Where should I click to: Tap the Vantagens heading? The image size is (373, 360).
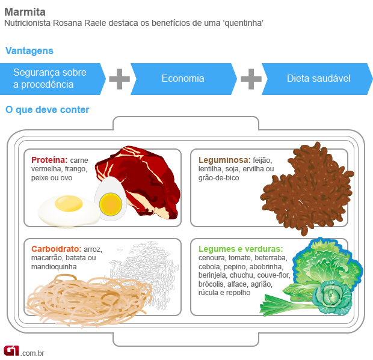(x=29, y=51)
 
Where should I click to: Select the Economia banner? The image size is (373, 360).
(x=182, y=79)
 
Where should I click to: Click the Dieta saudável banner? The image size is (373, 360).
(x=318, y=79)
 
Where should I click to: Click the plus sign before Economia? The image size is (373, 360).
(x=119, y=79)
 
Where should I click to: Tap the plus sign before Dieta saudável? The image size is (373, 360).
(x=251, y=79)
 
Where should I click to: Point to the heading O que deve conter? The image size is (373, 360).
(x=47, y=110)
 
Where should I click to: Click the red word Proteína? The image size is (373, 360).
(x=49, y=160)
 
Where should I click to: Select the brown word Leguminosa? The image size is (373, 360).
(x=224, y=160)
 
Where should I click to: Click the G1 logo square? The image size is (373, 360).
(x=11, y=350)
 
